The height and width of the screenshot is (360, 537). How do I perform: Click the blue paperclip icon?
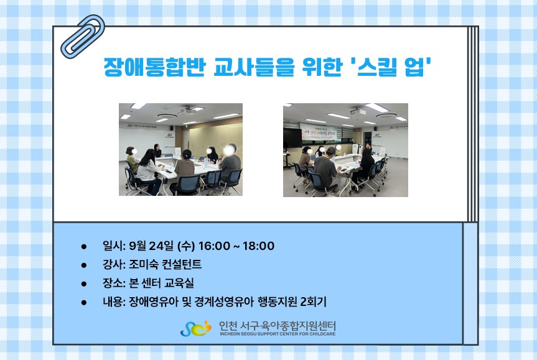click(83, 37)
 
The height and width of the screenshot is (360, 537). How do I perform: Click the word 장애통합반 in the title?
click(154, 67)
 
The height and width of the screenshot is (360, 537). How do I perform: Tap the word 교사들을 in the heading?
click(254, 67)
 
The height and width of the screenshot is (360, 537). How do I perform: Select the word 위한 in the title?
click(322, 67)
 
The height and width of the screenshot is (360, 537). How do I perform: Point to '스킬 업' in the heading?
click(391, 67)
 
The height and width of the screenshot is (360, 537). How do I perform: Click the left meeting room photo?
click(180, 150)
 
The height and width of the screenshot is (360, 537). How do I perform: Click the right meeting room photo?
click(345, 150)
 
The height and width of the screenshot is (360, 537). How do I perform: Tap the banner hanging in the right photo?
click(319, 132)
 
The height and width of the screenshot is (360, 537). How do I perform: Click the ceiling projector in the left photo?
click(187, 111)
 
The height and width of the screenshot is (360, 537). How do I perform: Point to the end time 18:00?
click(259, 246)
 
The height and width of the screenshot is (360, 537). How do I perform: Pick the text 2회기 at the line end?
click(313, 302)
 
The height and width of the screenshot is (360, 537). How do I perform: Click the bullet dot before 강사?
click(84, 265)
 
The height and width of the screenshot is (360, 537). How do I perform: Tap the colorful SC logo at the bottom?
click(195, 328)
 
